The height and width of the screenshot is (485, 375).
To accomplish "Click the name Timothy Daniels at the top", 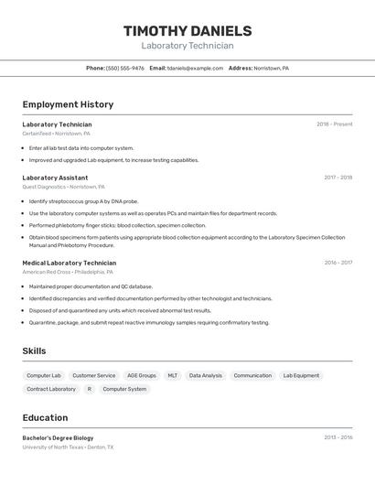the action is click(x=187, y=31).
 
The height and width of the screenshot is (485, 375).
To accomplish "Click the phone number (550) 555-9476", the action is click(x=125, y=68).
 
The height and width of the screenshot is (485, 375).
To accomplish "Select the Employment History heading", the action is click(x=68, y=104).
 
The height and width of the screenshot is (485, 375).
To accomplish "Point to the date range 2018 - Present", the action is click(x=334, y=124).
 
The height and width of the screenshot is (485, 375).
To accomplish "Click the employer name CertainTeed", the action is click(x=37, y=134).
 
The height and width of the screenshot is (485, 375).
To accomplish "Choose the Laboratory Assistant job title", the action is click(x=55, y=178).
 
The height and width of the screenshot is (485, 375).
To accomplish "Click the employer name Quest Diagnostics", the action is click(x=44, y=187).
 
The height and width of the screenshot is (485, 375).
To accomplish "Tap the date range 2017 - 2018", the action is click(x=337, y=178).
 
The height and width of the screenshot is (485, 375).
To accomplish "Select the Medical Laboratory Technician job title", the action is click(x=70, y=263).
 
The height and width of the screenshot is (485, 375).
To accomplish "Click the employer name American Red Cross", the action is click(x=47, y=272).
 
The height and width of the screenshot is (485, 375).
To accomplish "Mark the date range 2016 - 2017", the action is click(x=337, y=263).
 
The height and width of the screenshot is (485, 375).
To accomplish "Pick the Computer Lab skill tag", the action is click(x=44, y=375).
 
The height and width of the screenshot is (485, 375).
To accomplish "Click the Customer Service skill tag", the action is click(x=94, y=375).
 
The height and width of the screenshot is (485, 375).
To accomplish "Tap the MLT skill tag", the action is click(x=173, y=375).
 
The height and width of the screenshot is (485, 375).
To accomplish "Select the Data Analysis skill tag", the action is click(x=206, y=375).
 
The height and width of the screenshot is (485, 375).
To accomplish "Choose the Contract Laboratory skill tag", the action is click(x=51, y=389).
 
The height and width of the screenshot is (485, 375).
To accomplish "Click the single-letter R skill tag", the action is click(x=90, y=389).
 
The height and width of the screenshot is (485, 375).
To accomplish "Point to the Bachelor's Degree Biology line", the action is click(x=58, y=437).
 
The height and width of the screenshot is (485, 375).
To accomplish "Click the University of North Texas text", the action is click(x=52, y=447).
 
